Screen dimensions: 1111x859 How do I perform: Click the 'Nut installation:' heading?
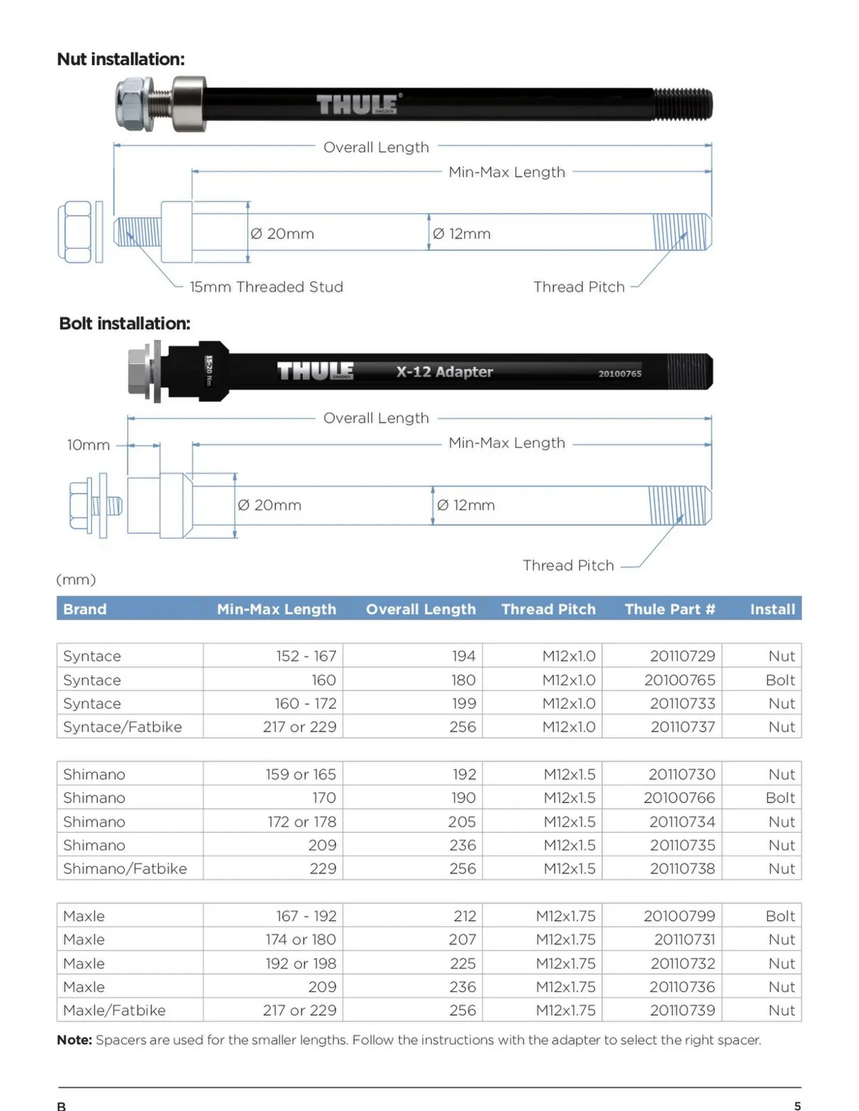coord(120,59)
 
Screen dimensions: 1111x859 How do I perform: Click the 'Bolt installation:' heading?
coord(125,323)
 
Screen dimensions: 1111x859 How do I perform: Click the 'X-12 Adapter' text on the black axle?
coord(445,372)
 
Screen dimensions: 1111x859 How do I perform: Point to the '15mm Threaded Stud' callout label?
coord(266,287)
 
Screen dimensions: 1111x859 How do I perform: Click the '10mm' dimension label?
coord(88,445)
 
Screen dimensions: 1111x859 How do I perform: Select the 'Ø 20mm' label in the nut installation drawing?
coord(282,234)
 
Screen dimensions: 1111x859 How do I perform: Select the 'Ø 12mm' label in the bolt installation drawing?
coord(466,505)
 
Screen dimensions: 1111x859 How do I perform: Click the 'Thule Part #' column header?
coord(669,609)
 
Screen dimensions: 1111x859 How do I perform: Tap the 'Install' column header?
coord(772,609)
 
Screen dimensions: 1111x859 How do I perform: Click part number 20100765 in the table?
coord(679,680)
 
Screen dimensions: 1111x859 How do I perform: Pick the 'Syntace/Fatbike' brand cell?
coord(122,727)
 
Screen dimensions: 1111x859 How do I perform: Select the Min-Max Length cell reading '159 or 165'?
coord(300,775)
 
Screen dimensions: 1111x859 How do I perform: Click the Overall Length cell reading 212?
coord(464,916)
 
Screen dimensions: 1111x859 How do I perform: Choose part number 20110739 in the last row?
coord(682,1010)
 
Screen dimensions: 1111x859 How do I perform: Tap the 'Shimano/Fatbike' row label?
coord(125,868)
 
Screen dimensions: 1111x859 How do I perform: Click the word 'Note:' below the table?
coord(74,1040)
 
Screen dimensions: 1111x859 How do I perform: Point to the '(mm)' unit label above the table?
coord(76,579)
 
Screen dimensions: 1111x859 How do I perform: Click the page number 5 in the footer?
coord(797,1106)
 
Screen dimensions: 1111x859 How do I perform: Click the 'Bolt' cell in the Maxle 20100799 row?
coord(779,916)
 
